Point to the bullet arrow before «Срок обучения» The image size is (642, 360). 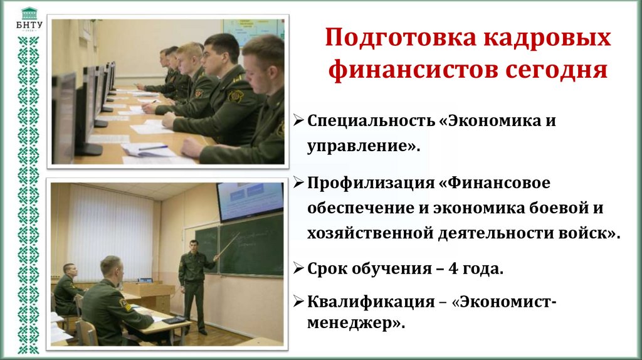(x=299, y=270)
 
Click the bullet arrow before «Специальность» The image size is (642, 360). (x=299, y=120)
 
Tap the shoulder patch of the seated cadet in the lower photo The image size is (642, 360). (x=125, y=305)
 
